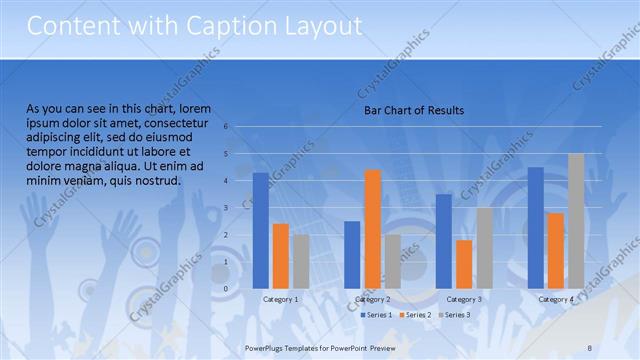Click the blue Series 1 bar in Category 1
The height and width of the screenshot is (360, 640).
[261, 231]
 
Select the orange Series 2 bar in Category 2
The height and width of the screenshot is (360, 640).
[372, 229]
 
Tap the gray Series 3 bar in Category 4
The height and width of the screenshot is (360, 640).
[576, 221]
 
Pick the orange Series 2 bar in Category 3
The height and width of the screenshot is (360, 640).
[464, 264]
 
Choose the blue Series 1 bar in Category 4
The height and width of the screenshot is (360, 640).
[536, 228]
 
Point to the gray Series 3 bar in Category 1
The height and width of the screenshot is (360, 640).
[301, 262]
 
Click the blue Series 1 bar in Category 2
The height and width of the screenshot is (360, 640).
[352, 255]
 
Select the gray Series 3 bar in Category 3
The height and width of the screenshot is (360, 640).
[484, 248]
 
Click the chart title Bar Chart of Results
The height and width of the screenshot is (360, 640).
[413, 110]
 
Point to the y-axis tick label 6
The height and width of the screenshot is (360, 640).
[227, 127]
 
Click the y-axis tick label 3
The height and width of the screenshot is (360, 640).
[227, 208]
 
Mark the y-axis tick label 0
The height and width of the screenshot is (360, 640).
[227, 289]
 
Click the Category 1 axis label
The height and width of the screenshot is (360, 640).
[281, 299]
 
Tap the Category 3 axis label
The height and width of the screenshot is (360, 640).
[464, 299]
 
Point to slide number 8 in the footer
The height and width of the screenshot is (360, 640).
[590, 346]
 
